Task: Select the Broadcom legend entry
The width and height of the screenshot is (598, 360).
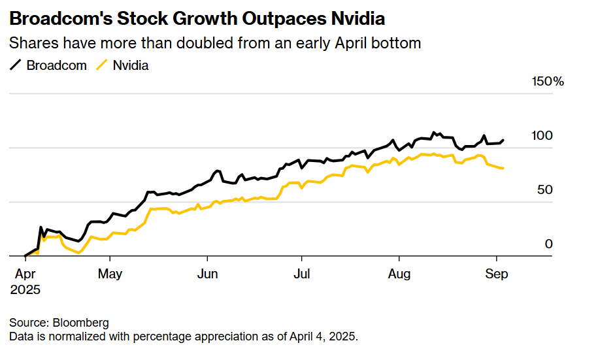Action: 56,65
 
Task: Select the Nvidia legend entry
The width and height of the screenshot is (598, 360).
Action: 131,65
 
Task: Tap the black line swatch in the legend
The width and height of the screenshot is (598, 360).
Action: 16,65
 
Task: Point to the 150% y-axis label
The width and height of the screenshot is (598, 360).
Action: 548,82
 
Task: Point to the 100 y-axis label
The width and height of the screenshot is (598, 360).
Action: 542,136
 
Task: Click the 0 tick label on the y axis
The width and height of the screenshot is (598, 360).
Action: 549,244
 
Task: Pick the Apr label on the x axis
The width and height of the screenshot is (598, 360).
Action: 25,274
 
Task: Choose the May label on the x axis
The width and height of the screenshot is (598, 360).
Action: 110,274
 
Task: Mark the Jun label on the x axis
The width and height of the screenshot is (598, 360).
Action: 207,274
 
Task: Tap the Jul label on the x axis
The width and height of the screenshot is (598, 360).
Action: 301,274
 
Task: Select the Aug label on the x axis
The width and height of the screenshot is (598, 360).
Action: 399,274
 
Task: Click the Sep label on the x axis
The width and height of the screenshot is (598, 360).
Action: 496,274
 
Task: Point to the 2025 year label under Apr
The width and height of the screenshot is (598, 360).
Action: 25,289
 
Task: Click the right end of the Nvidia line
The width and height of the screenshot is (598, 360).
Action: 503,169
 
